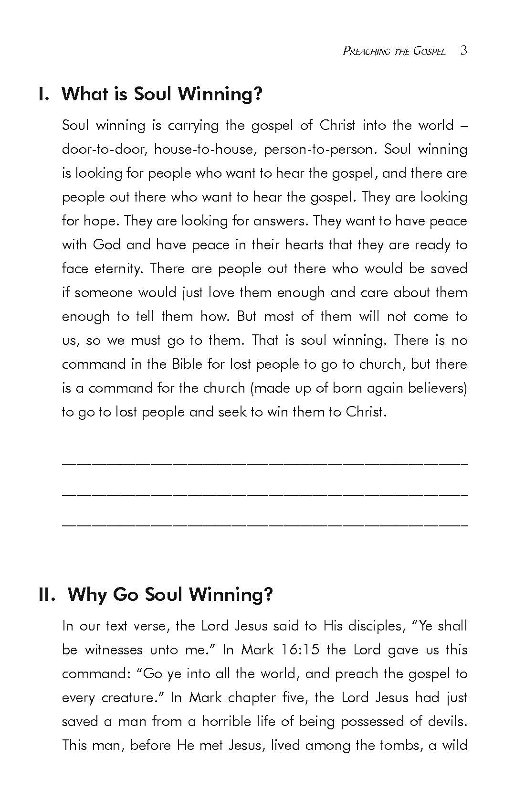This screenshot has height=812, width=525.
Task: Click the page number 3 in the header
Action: pos(463,51)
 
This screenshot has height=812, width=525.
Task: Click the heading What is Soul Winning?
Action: pos(162,94)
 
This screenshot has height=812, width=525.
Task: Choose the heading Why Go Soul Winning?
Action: pos(170,595)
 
